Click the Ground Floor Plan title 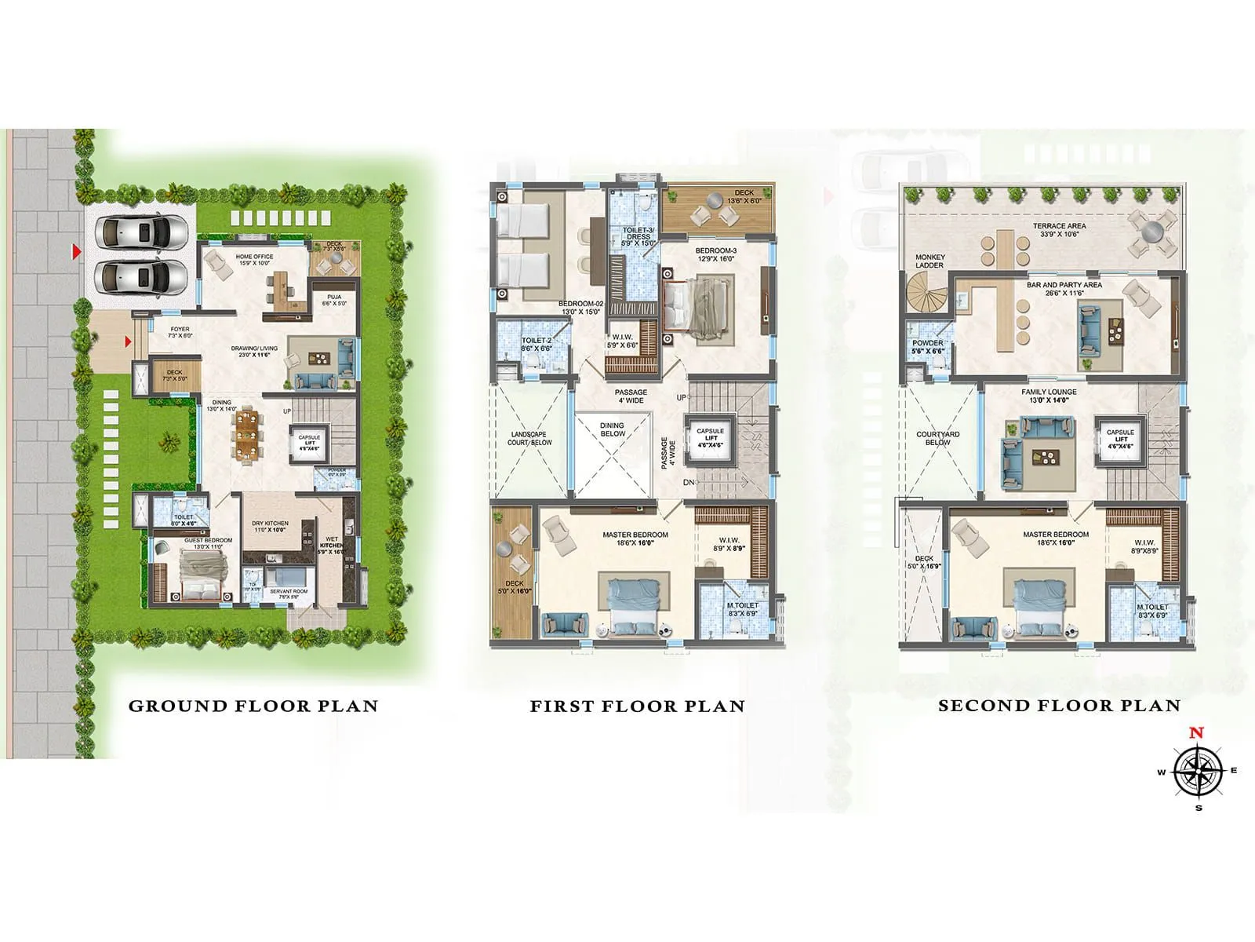pos(253,706)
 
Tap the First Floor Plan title pos(637,706)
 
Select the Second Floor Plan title pos(1059,706)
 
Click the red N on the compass pos(1196,733)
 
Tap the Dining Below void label pos(613,429)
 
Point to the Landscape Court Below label pos(529,438)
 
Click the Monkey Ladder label pos(930,261)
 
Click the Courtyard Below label pos(937,438)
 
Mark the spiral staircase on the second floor pos(931,299)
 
